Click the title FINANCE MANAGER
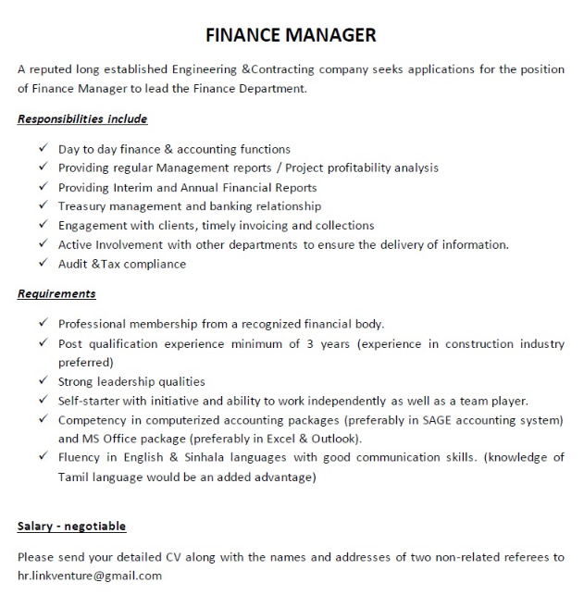[x=291, y=35]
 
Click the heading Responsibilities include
[x=82, y=119]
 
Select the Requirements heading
[x=56, y=294]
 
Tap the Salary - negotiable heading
[x=71, y=527]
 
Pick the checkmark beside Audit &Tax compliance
[x=43, y=264]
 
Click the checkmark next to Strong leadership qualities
[x=43, y=381]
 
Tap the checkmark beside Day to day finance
[x=43, y=149]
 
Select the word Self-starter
[x=90, y=401]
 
